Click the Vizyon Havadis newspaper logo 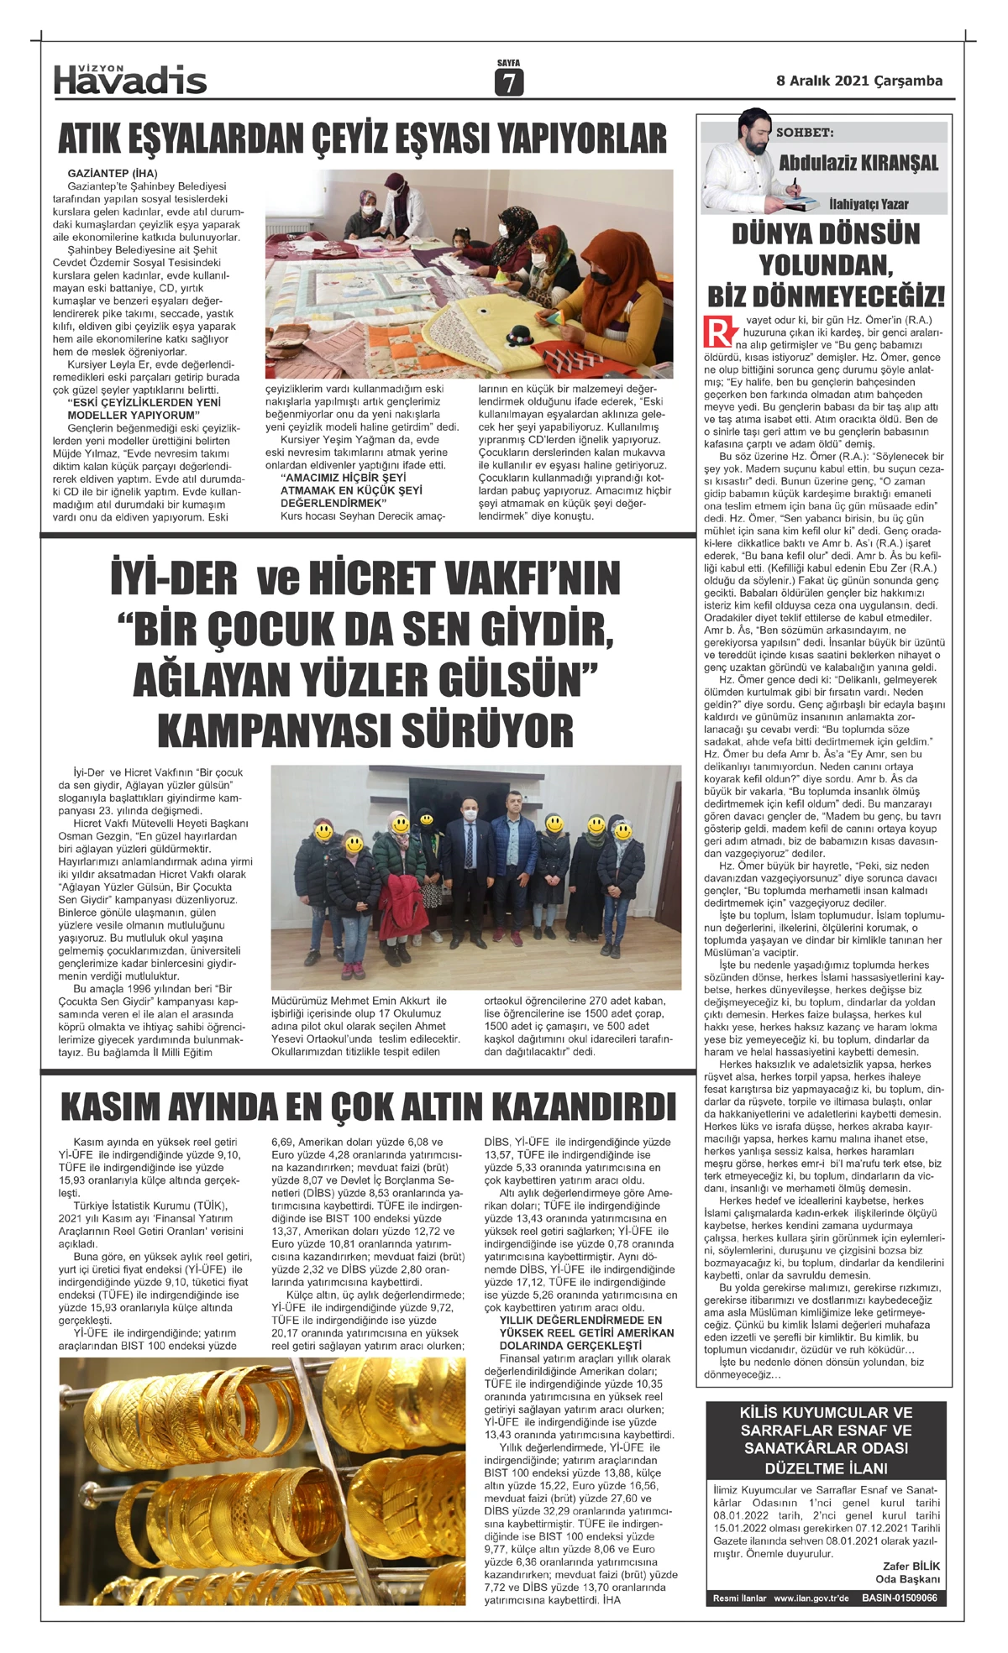[x=130, y=78]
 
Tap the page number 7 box [x=508, y=81]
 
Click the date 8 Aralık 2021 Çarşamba [x=858, y=81]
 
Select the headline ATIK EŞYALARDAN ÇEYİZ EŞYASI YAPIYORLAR [x=362, y=139]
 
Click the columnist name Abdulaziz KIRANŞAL [x=858, y=163]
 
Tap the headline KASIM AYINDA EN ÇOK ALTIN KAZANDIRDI [x=368, y=1106]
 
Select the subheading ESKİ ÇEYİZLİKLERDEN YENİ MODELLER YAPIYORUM [x=143, y=408]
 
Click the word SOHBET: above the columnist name [x=805, y=133]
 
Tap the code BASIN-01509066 [x=899, y=1598]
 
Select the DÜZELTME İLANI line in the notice [x=826, y=1468]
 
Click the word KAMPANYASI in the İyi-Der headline [x=273, y=732]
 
